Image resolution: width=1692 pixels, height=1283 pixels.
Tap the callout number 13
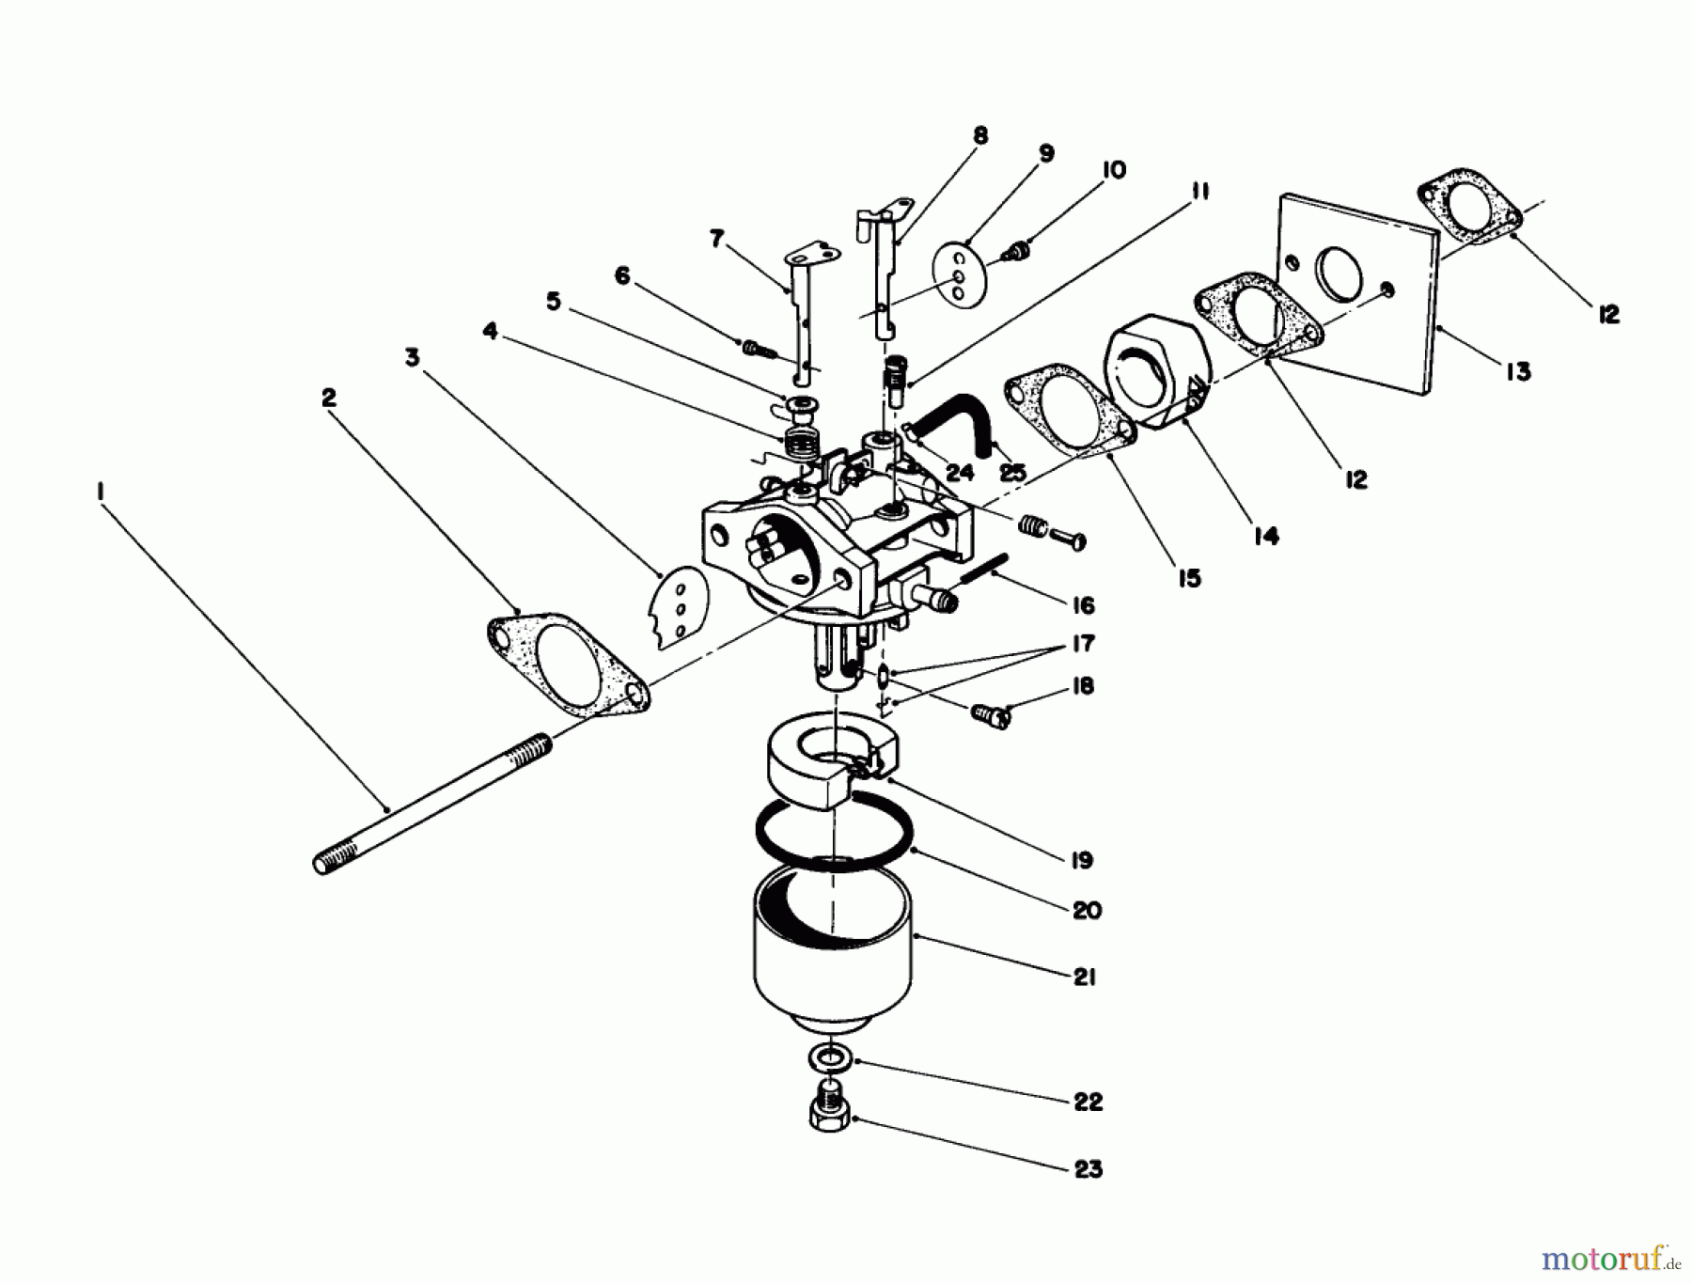point(1516,371)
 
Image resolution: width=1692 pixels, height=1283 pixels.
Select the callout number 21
point(1085,978)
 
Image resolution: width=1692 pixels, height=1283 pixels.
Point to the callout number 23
point(1088,1169)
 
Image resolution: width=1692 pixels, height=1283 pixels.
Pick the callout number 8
point(980,136)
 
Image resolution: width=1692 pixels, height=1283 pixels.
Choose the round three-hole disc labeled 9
point(958,274)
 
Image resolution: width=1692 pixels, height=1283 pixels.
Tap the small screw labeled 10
point(1015,251)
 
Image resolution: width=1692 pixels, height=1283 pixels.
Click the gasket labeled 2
point(568,665)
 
